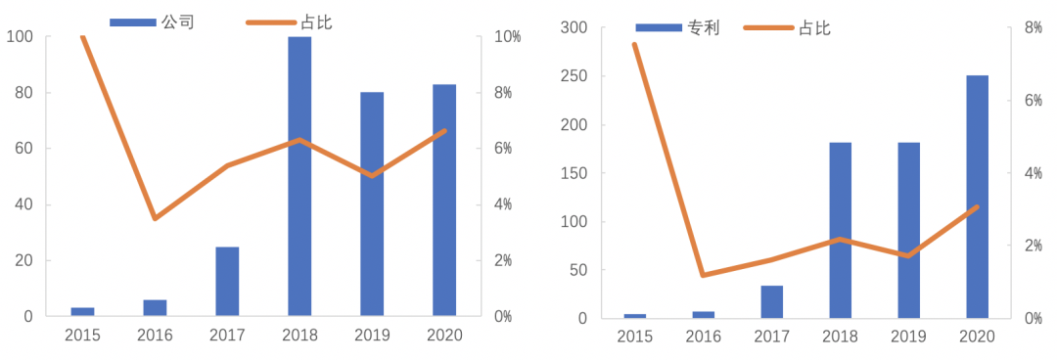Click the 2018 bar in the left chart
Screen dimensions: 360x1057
click(299, 176)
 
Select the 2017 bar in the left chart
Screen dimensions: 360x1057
click(227, 281)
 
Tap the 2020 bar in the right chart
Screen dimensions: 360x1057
click(977, 196)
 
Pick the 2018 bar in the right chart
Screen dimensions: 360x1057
click(840, 230)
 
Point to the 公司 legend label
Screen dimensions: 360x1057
click(178, 22)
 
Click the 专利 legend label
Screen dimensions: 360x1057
click(704, 27)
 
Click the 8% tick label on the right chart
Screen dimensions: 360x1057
click(1034, 28)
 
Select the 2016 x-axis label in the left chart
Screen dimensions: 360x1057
click(155, 336)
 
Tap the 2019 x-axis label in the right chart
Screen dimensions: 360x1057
click(908, 337)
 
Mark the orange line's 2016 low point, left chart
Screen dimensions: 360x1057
click(155, 217)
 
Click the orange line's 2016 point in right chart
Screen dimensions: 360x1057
click(703, 275)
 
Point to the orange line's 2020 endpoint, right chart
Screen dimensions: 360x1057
click(977, 206)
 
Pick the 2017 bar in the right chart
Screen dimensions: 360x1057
click(771, 301)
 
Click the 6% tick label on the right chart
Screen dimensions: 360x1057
click(1034, 101)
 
